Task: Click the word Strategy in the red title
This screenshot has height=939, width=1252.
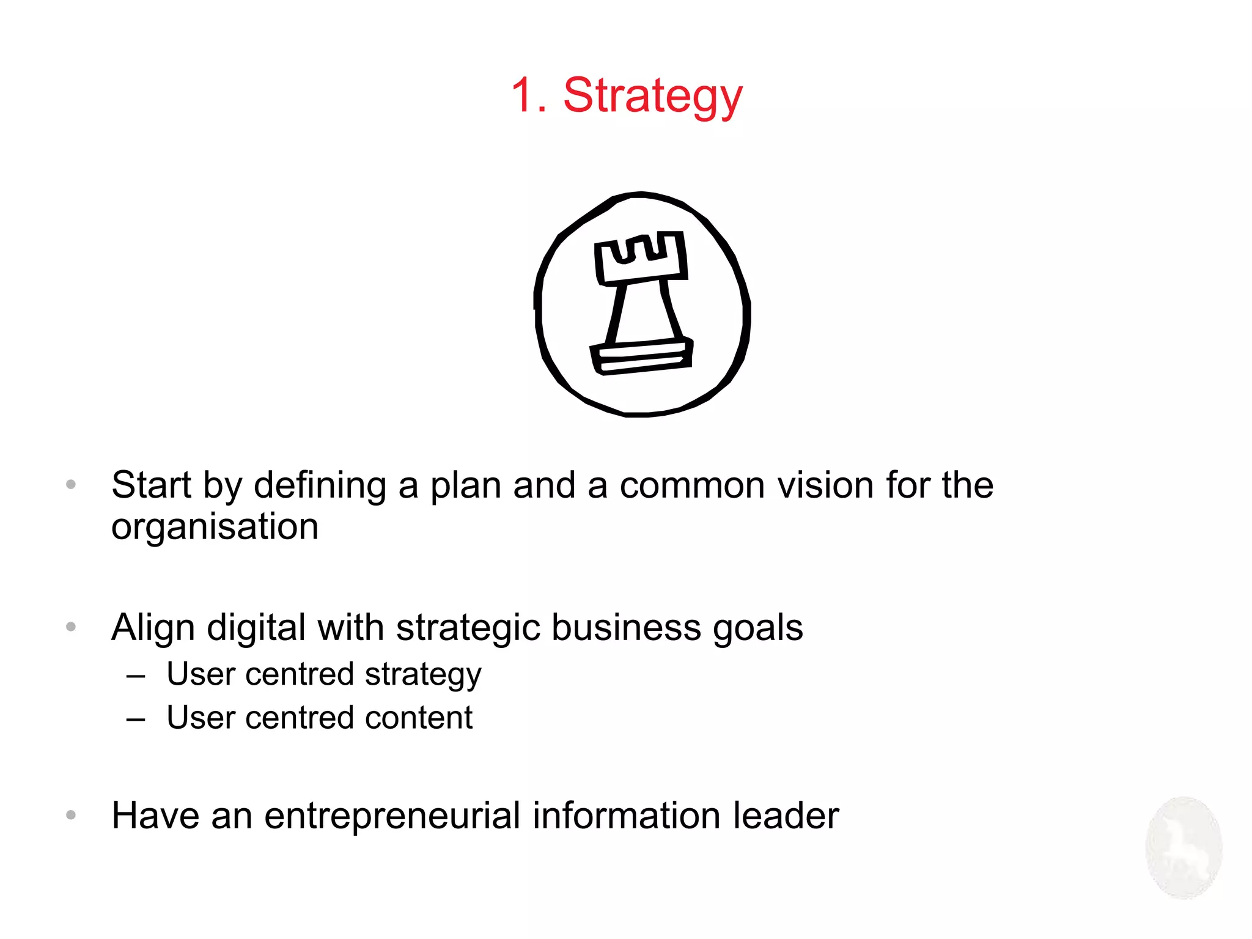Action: coord(652,97)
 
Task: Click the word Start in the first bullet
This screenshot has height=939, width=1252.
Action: coord(151,485)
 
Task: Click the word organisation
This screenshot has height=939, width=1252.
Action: coord(215,527)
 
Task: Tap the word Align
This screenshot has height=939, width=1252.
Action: coord(153,628)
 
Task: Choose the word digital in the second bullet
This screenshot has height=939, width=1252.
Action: coord(256,629)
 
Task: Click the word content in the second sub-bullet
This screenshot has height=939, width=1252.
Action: coord(419,718)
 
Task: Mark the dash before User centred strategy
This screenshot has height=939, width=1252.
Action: coord(136,676)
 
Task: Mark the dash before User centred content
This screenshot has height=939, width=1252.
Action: coord(136,720)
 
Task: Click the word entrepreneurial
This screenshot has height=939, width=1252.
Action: coord(392,816)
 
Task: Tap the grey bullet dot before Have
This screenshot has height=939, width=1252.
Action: coord(71,815)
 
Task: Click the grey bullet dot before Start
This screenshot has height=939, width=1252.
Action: coord(71,485)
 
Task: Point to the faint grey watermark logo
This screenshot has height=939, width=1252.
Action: coord(1184,848)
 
